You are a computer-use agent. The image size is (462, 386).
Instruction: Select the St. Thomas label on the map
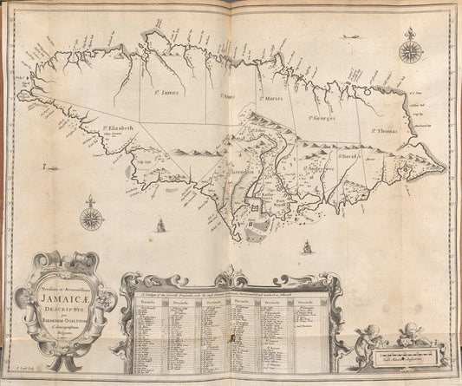click(386, 130)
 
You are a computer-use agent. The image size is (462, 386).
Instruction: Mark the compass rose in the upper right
click(410, 50)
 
